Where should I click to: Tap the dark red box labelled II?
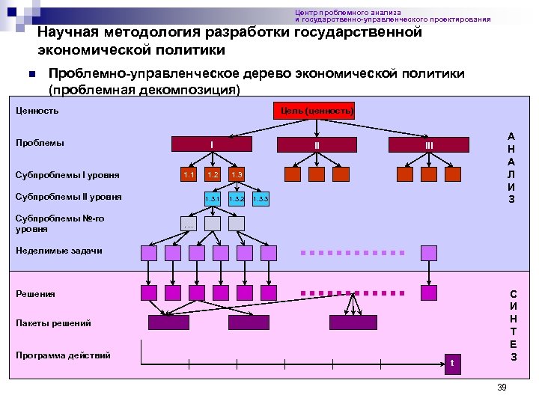click(x=317, y=144)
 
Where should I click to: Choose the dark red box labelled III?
click(x=430, y=144)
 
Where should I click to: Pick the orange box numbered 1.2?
click(x=213, y=175)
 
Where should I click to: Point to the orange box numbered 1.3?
click(x=237, y=175)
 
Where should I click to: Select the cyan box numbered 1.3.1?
click(x=213, y=199)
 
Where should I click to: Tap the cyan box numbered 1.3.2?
click(x=237, y=199)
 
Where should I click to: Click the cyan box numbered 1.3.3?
click(x=261, y=199)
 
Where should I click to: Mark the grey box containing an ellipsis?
click(x=189, y=224)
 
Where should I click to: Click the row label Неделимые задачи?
click(x=59, y=251)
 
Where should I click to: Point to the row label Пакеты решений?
click(x=54, y=323)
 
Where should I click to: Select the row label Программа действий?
click(x=64, y=355)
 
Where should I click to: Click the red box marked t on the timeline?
click(x=451, y=364)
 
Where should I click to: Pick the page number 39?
click(x=502, y=387)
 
